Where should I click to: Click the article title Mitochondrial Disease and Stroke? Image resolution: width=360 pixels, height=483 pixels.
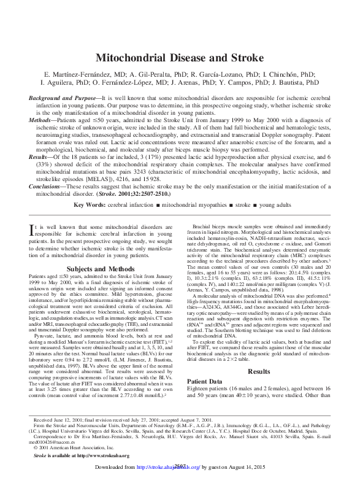(180, 57)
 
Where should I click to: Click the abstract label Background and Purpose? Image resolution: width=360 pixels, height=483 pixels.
(64, 98)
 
